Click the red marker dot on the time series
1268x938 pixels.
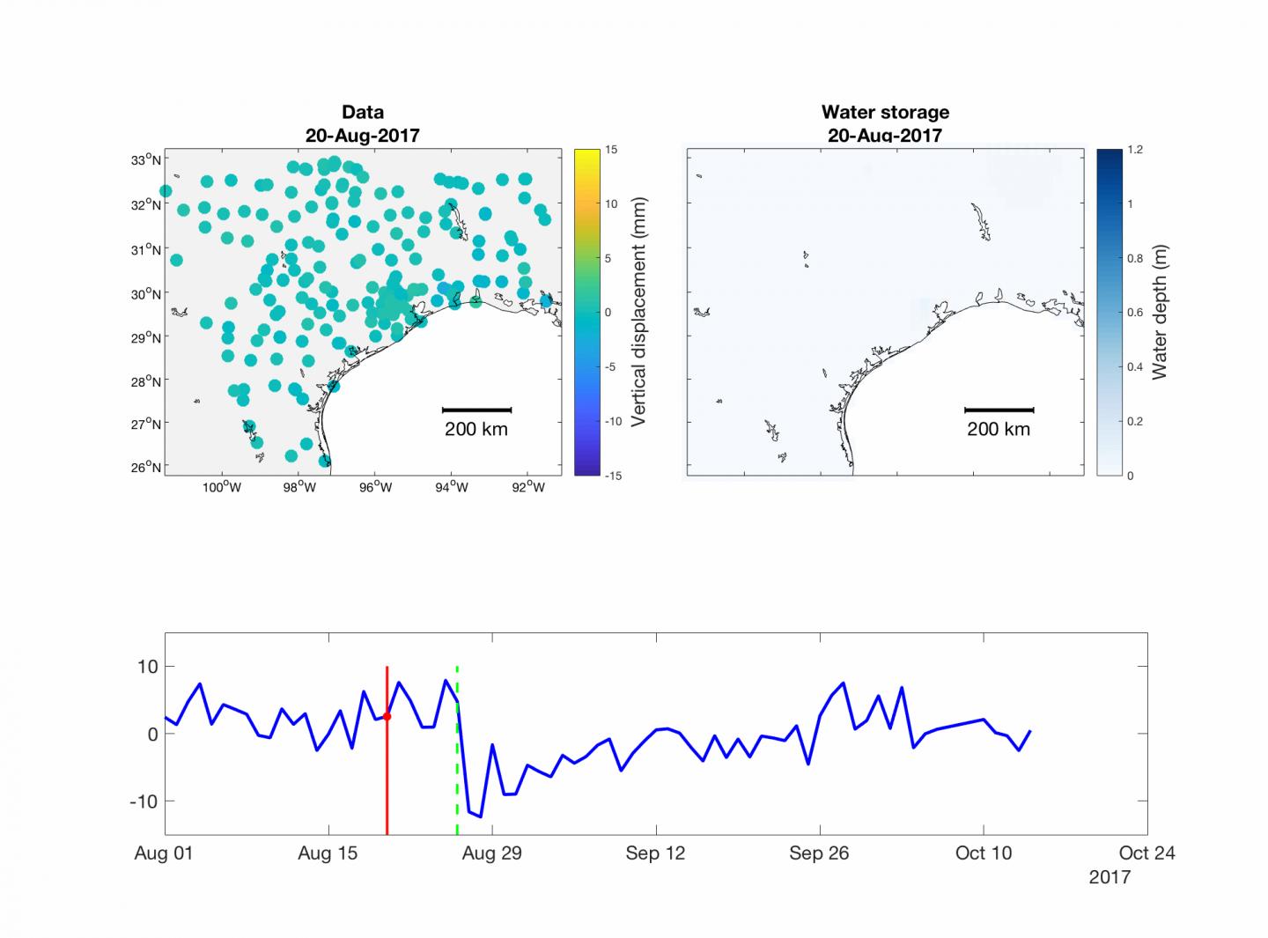click(387, 716)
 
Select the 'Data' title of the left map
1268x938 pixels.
click(362, 112)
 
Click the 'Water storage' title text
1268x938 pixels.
click(885, 112)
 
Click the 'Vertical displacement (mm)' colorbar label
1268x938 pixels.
click(639, 312)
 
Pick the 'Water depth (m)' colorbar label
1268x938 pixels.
click(1160, 312)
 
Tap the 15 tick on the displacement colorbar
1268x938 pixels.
click(611, 150)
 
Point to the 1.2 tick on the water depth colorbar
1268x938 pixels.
click(1135, 150)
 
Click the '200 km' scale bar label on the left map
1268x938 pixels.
click(475, 430)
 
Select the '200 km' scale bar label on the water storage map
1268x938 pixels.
click(999, 430)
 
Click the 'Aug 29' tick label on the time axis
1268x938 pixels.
click(492, 853)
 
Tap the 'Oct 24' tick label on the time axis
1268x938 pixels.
click(1146, 853)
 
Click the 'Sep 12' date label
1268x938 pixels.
click(655, 853)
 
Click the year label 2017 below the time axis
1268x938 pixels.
click(1109, 877)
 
